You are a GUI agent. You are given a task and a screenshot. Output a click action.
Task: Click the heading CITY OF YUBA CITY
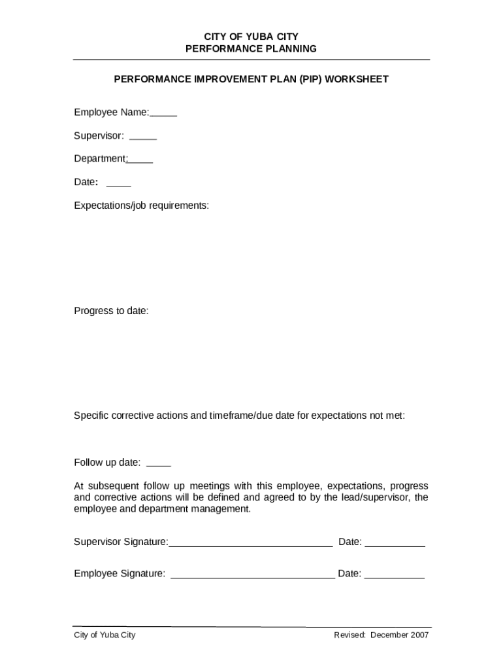(x=251, y=37)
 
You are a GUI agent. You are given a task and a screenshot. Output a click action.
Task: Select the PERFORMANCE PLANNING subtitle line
(x=251, y=49)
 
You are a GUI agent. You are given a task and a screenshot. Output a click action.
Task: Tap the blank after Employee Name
(x=163, y=114)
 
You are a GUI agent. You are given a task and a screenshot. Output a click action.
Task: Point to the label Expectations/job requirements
(x=141, y=205)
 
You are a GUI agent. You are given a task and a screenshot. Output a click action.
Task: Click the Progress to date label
(x=111, y=311)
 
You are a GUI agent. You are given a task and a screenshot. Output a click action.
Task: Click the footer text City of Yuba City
(x=105, y=635)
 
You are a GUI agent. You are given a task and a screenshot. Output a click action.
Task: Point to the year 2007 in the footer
(x=419, y=635)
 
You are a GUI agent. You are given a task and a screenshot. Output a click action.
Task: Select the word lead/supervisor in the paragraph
(x=376, y=497)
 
